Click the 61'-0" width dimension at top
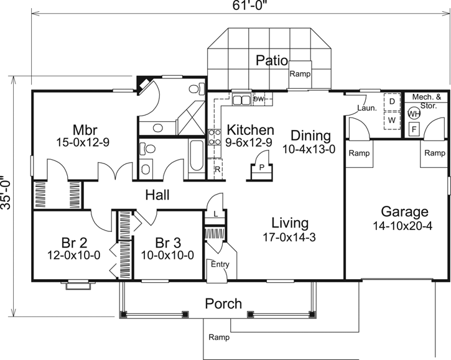pyautogui.click(x=238, y=6)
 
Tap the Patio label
pyautogui.click(x=271, y=61)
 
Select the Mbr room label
pyautogui.click(x=83, y=130)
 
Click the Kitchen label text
pyautogui.click(x=250, y=130)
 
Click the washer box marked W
pyautogui.click(x=392, y=119)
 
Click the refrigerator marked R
pyautogui.click(x=218, y=168)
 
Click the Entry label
pyautogui.click(x=220, y=264)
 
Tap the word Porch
pyautogui.click(x=223, y=303)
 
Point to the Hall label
pyautogui.click(x=157, y=195)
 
